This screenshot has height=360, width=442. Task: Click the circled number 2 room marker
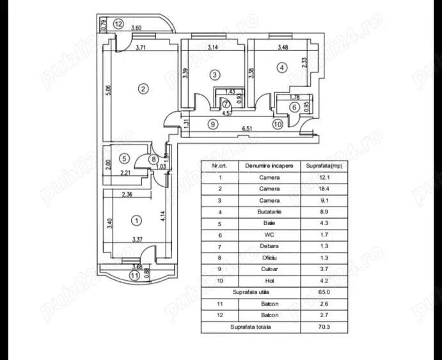[x=144, y=88]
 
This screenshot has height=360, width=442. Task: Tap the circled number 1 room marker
[x=135, y=221]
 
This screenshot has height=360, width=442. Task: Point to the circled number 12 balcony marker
[x=118, y=23]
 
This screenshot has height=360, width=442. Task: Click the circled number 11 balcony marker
[x=134, y=275]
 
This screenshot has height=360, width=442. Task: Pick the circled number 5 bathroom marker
[x=125, y=158]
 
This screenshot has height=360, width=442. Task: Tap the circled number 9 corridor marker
[x=212, y=124]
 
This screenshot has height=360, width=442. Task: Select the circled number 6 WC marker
[x=294, y=107]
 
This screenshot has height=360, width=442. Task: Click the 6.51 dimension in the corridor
[x=247, y=129]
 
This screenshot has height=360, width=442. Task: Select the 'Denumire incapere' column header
[x=269, y=166]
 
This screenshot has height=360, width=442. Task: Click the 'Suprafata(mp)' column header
[x=322, y=166]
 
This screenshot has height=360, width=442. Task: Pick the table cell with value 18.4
[x=322, y=189]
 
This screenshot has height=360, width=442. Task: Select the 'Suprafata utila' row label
[x=250, y=292]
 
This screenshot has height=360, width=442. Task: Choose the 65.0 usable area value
[x=322, y=292]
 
